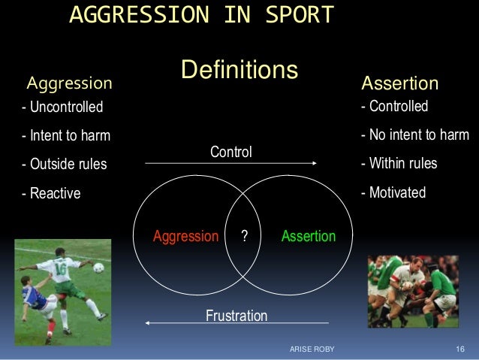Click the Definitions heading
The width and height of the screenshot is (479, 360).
click(239, 70)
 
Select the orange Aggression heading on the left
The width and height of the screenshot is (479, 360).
click(69, 82)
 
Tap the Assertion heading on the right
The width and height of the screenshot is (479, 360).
click(400, 82)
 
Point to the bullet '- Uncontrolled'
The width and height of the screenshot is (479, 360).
click(62, 107)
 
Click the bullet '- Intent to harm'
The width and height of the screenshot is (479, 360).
click(66, 137)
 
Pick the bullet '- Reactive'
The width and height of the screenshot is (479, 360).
click(50, 194)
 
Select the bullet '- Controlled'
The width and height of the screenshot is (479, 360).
click(394, 107)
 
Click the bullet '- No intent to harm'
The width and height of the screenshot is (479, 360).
click(414, 136)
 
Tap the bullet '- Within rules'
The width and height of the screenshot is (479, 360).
click(399, 164)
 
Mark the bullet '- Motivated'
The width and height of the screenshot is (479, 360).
click(393, 193)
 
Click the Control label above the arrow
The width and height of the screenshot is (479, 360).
click(231, 153)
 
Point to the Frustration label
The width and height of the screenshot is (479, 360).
click(236, 316)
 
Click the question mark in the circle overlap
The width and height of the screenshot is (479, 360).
click(244, 236)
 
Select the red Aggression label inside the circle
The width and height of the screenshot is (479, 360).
click(185, 236)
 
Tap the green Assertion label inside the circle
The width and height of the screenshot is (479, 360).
click(309, 236)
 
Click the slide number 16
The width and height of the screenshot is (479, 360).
click(460, 351)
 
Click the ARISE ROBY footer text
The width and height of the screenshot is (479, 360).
click(313, 351)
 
